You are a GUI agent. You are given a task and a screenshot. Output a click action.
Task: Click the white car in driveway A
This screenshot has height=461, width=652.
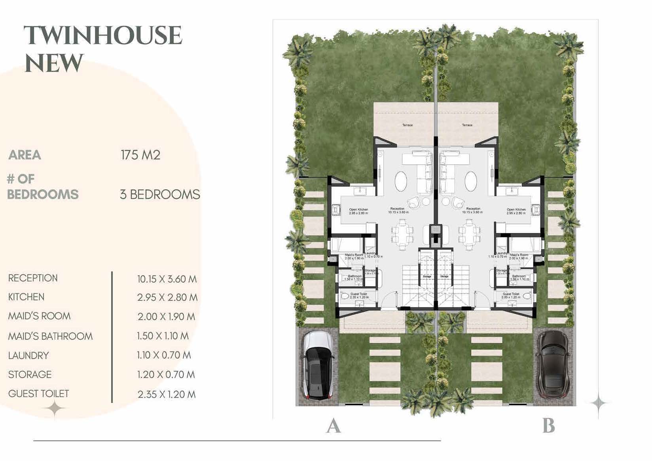(318, 365)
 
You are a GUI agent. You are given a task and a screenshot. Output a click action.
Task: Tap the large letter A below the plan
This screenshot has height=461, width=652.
(333, 427)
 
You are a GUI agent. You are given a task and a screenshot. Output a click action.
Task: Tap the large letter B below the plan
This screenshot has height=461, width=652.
(548, 427)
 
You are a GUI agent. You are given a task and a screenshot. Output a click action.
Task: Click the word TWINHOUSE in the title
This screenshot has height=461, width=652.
(103, 36)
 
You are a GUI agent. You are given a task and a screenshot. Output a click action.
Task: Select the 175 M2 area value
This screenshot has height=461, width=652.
(140, 155)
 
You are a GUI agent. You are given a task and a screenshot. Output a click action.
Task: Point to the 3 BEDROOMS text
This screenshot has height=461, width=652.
(160, 195)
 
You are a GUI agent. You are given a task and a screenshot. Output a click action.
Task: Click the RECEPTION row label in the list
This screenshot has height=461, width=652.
(33, 278)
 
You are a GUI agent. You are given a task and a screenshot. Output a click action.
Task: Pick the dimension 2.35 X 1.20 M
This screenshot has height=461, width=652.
(166, 394)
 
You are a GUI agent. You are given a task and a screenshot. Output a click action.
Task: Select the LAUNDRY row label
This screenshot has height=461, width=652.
(28, 355)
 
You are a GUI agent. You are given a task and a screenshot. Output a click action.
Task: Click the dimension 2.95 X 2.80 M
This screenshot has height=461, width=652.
(167, 297)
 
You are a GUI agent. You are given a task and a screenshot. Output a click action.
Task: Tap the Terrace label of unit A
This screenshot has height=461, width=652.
(407, 125)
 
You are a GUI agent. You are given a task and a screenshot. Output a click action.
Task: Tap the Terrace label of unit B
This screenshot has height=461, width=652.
(467, 125)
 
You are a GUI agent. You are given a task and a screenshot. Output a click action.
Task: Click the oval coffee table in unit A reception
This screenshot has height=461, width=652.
(401, 181)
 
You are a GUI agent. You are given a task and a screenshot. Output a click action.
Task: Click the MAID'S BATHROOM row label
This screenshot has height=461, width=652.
(50, 336)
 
